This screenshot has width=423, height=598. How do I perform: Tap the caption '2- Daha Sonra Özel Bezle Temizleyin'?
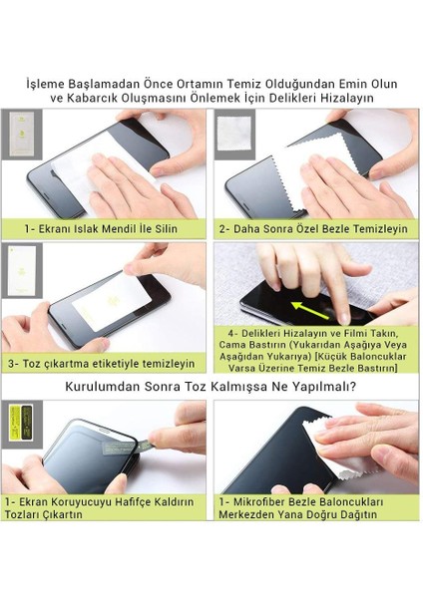(x=313, y=228)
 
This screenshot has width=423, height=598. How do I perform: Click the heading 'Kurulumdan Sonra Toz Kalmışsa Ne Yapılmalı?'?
(x=211, y=385)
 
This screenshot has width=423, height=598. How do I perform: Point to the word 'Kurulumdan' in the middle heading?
(x=108, y=385)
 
